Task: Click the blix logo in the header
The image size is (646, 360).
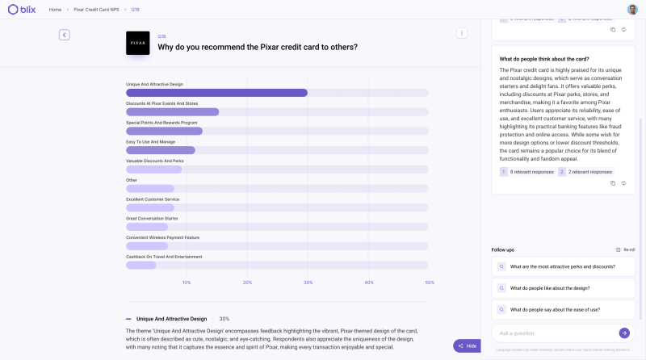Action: click(22, 9)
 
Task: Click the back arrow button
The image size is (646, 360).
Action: click(65, 35)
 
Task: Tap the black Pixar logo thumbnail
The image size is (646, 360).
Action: click(138, 43)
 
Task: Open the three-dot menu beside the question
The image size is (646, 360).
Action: click(462, 33)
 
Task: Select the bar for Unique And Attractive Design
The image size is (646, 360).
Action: click(216, 93)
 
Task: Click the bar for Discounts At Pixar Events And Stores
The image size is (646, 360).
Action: click(172, 112)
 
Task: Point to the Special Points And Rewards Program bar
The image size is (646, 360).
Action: click(164, 131)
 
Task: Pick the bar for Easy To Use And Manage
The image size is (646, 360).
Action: click(160, 150)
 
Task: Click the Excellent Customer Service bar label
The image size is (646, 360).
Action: click(153, 199)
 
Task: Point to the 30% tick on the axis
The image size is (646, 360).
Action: click(308, 283)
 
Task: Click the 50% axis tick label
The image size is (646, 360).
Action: click(430, 283)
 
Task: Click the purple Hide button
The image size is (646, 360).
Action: click(468, 345)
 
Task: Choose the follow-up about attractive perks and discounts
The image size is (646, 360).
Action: click(563, 266)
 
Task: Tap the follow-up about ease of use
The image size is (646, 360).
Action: click(554, 310)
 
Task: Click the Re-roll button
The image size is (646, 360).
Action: click(626, 249)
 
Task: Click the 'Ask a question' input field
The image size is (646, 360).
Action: click(556, 333)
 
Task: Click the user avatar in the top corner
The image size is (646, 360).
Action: click(632, 9)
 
